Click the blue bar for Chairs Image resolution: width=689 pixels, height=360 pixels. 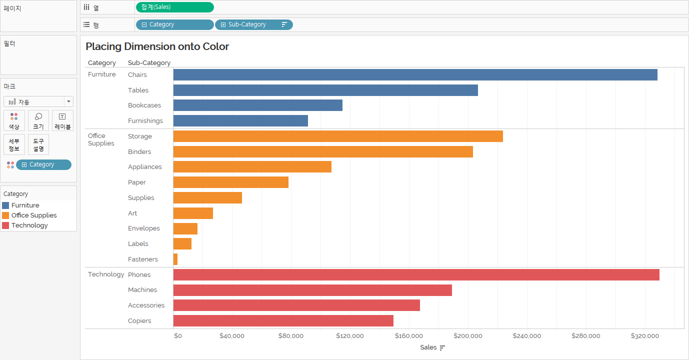415,75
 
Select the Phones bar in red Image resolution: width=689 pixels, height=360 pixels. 416,274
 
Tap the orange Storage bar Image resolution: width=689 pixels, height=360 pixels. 338,136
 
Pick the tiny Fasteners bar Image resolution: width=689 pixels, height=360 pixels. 175,259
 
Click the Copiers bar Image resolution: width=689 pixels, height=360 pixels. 283,320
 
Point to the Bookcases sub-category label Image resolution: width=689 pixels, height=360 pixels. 144,105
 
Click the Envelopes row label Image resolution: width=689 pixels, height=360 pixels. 144,228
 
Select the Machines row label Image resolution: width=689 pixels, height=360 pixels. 142,290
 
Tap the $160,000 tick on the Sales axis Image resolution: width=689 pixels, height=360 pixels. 409,336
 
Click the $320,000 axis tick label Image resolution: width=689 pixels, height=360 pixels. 644,336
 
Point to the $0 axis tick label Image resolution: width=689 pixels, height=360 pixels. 178,336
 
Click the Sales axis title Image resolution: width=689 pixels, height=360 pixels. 428,347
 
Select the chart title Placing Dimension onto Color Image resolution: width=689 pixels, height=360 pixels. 157,46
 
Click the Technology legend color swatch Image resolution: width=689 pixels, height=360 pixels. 5,225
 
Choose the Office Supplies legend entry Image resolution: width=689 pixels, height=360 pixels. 34,215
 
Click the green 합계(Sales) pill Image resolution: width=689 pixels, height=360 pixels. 174,7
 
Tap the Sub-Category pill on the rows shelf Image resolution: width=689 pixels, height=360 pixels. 253,24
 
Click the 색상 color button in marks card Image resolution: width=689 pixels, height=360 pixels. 14,120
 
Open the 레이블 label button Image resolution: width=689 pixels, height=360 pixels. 62,120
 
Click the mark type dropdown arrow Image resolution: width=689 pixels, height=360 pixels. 68,101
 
